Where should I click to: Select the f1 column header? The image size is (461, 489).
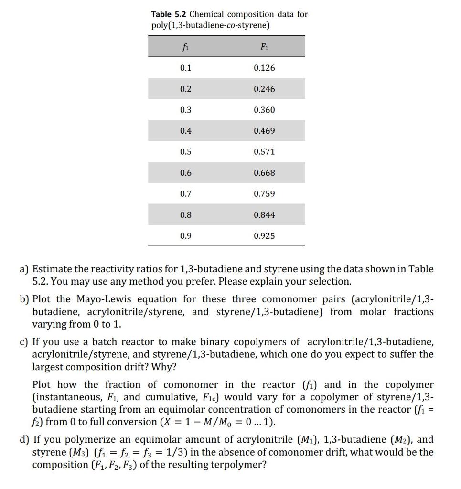tap(185, 47)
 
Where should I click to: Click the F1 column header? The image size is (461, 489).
tap(264, 47)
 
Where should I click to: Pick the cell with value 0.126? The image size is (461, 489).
tap(264, 68)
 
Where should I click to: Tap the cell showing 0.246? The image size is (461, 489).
tap(264, 89)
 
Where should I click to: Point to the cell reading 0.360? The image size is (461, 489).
tap(264, 110)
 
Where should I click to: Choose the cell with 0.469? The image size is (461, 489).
tap(264, 131)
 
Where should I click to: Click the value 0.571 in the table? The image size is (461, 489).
tap(264, 152)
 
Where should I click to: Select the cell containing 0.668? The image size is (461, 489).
tap(264, 173)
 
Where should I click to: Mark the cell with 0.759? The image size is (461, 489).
tap(264, 194)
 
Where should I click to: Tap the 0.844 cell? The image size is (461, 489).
tap(264, 215)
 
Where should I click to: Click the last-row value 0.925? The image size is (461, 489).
tap(264, 236)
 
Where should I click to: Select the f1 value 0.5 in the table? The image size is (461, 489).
tap(185, 152)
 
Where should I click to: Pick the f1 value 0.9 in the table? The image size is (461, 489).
tap(185, 236)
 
